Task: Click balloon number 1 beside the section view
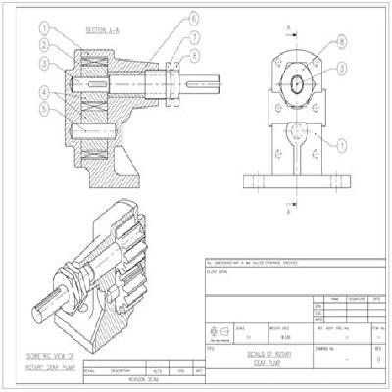tap(44, 28)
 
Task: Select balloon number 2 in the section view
tap(44, 45)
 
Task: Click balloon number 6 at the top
tap(193, 19)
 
